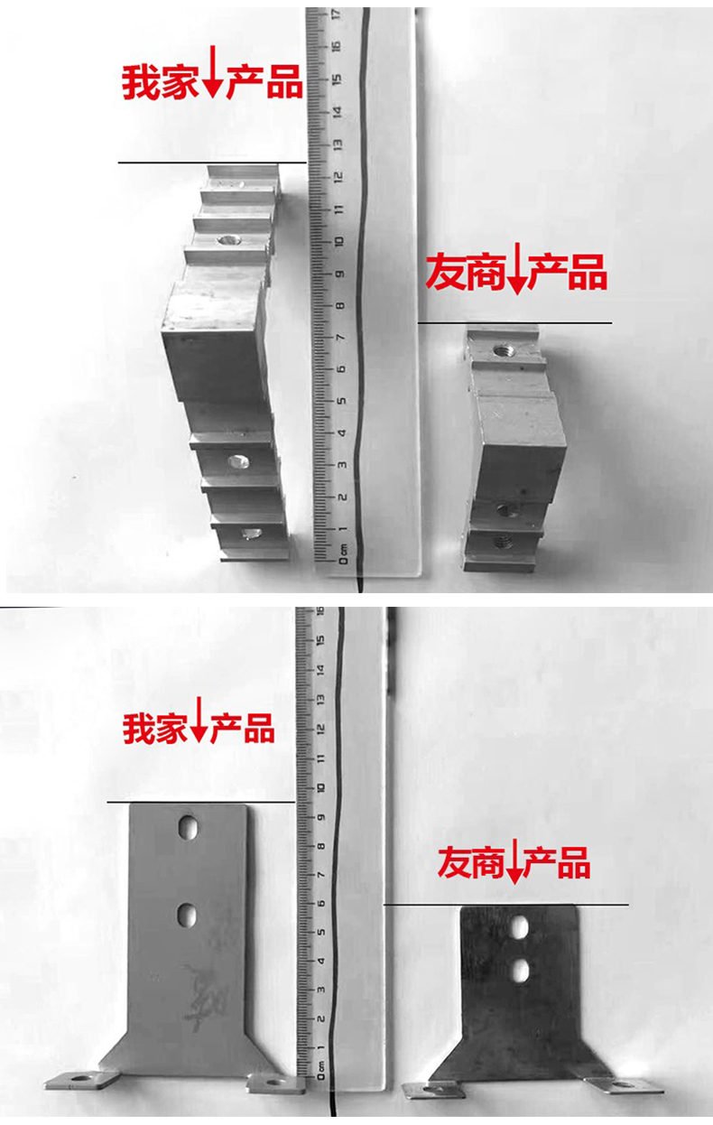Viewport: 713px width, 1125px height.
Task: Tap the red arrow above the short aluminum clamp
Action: tap(516, 268)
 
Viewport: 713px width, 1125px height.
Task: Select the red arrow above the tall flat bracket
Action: tap(199, 720)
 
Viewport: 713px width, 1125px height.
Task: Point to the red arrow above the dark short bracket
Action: tap(514, 860)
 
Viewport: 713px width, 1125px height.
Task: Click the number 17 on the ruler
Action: tap(337, 14)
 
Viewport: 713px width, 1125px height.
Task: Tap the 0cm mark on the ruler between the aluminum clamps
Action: tap(343, 553)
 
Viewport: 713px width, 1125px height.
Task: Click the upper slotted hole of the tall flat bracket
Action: tap(187, 827)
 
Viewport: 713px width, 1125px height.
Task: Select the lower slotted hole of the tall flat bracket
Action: tap(186, 915)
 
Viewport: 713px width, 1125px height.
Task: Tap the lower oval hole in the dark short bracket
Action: tap(521, 970)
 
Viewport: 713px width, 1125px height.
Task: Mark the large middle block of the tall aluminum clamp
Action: tap(213, 341)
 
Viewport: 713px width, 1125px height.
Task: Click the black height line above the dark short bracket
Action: tap(506, 905)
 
